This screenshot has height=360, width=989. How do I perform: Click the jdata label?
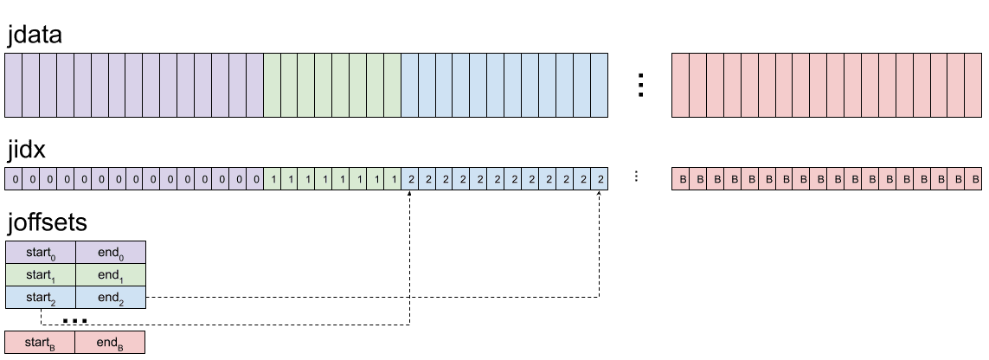point(35,34)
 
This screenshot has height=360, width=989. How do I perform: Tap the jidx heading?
point(27,150)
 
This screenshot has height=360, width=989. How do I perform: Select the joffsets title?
point(48,222)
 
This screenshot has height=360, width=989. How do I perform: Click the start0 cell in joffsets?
point(41,252)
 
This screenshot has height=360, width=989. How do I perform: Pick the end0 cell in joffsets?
point(111,252)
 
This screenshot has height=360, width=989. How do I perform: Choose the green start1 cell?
point(41,275)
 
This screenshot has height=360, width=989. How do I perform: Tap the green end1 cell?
point(111,275)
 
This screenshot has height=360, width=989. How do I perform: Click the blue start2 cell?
point(41,298)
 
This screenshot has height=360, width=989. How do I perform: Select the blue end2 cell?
point(111,298)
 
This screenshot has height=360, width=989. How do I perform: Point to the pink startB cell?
point(40,343)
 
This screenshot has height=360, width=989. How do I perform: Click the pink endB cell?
point(110,343)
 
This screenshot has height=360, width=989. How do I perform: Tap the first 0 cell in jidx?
point(14,179)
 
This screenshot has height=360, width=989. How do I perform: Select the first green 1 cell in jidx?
point(273,179)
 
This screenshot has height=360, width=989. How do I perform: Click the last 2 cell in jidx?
point(600,179)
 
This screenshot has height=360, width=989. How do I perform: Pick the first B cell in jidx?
point(681,179)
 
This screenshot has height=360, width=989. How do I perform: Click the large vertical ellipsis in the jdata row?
point(640,85)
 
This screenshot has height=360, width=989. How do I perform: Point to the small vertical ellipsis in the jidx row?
point(637,177)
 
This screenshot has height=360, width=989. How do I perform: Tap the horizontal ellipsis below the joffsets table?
point(75,321)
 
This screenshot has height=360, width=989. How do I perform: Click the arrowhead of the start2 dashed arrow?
point(410,193)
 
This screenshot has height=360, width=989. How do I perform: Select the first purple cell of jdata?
point(14,85)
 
